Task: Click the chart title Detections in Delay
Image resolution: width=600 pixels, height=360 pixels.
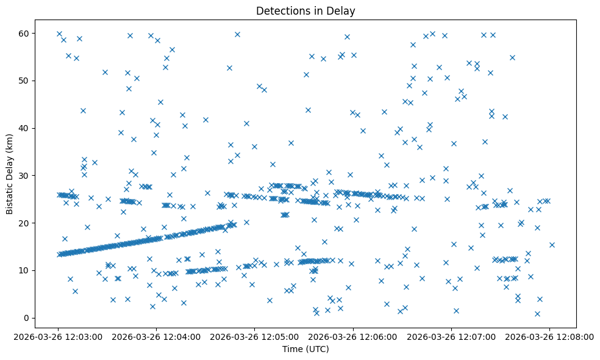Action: [305, 10]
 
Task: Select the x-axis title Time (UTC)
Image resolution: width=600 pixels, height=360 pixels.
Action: [305, 349]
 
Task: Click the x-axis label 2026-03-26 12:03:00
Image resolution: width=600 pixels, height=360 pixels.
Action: [59, 336]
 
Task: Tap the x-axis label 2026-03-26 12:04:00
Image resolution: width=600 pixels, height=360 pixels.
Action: [157, 336]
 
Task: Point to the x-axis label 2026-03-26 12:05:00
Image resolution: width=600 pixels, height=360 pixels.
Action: [255, 336]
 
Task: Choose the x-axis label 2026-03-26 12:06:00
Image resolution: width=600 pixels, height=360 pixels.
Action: [353, 336]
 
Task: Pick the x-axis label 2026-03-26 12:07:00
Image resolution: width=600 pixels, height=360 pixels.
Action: [451, 336]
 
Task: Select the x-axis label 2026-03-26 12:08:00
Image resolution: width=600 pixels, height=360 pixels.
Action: [549, 336]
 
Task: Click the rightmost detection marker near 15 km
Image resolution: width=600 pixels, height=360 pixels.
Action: [552, 245]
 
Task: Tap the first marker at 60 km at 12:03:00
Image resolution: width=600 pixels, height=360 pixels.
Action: [59, 34]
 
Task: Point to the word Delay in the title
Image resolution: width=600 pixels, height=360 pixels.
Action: [343, 10]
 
